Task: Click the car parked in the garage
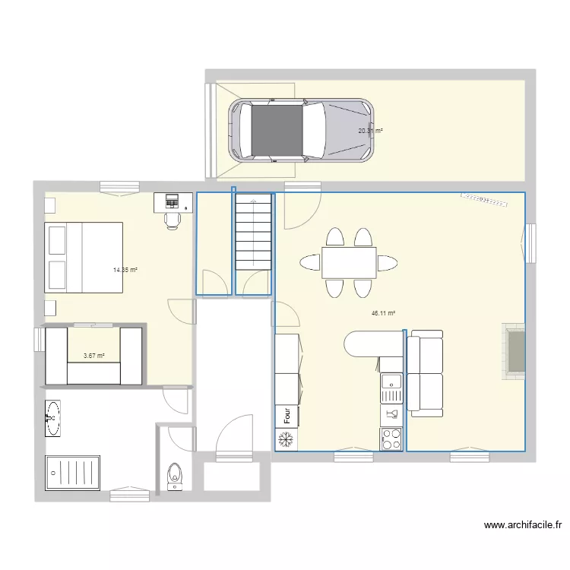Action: (302, 130)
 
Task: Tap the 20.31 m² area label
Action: (370, 131)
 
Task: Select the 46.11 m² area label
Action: (383, 313)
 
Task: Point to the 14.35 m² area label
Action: (125, 270)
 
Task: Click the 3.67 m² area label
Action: (93, 355)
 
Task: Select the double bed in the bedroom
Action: (83, 258)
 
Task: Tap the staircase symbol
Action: (253, 231)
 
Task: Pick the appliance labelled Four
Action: (287, 416)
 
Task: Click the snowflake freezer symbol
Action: (287, 439)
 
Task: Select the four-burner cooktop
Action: (391, 439)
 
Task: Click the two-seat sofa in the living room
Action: (425, 373)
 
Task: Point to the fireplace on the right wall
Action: (514, 350)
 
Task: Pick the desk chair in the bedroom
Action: (173, 218)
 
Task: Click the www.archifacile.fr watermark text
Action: (522, 524)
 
